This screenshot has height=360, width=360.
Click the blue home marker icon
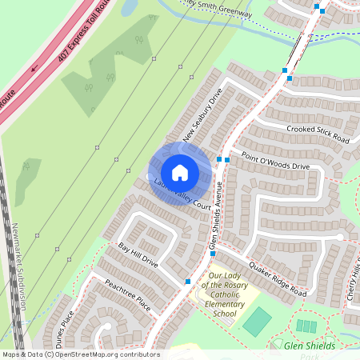[x=180, y=173]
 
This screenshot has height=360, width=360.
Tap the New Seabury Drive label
[x=202, y=121]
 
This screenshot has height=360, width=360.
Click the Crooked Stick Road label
[x=318, y=132]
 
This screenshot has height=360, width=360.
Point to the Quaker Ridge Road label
[x=278, y=279]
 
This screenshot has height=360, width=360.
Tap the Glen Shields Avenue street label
[x=214, y=215]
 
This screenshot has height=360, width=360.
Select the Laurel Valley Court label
[x=182, y=198]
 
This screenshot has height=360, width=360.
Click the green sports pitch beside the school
[x=258, y=321]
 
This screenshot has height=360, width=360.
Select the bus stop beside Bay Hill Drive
[x=187, y=281]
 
